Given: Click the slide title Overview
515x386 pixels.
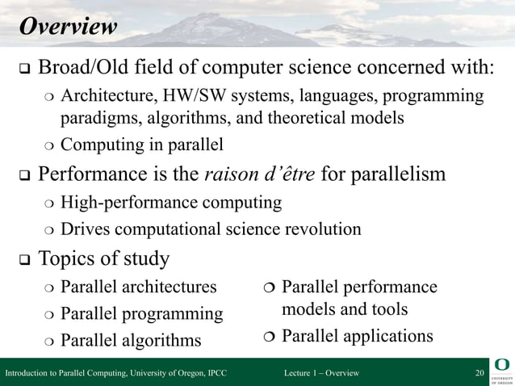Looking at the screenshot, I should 68,27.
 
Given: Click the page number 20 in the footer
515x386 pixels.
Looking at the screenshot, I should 479,372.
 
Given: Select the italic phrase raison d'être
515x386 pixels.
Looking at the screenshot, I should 262,174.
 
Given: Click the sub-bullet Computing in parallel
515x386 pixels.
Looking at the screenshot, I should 142,145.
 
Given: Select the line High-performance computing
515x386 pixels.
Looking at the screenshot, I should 171,202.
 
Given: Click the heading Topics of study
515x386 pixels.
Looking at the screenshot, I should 104,258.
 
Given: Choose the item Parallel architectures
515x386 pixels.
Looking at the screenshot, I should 139,287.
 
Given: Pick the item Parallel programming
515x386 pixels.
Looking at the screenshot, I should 142,313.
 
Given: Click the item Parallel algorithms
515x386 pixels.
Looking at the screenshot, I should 131,340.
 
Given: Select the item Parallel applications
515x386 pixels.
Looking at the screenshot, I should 357,335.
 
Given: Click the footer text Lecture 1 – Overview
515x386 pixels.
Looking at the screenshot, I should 322,372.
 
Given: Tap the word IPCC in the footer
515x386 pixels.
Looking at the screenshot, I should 216,372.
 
